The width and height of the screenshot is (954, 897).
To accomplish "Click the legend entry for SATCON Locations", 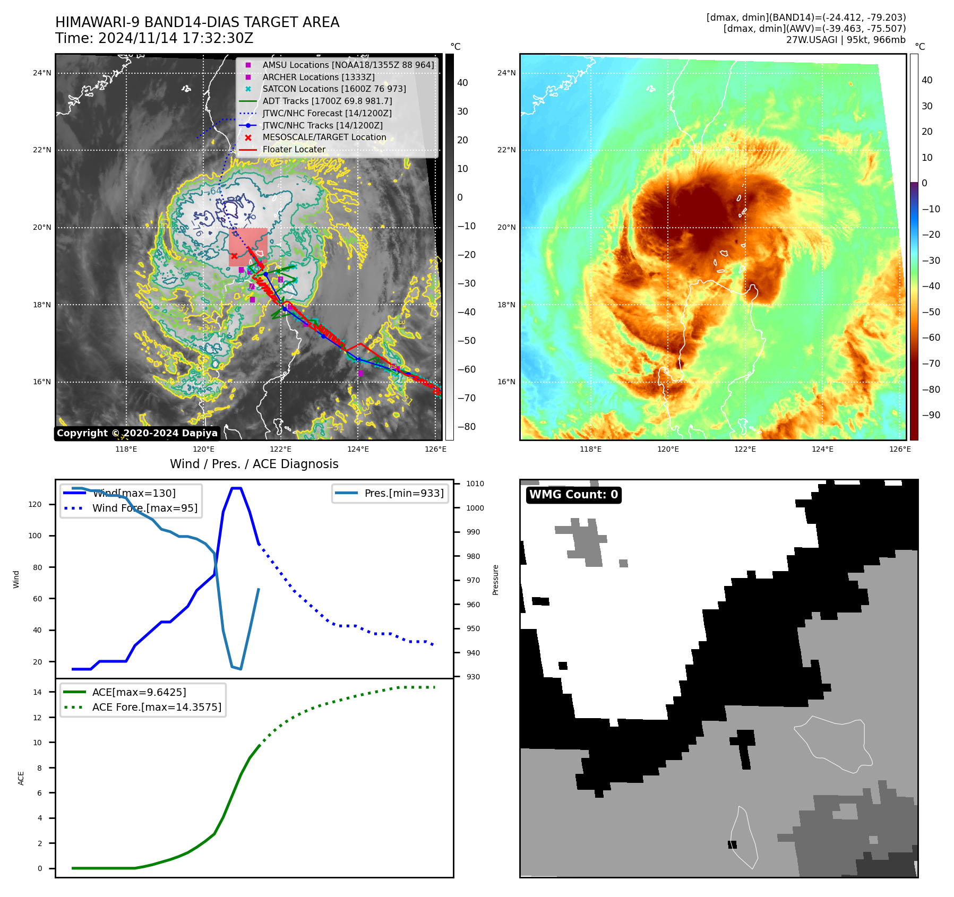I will tap(334, 89).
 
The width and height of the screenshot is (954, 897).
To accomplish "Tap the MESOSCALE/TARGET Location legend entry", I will tap(324, 137).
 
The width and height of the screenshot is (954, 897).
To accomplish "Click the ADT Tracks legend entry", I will tap(327, 101).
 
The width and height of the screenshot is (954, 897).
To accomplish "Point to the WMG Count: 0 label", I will tap(573, 495).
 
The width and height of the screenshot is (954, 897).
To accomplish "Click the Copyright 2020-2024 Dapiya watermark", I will tap(137, 433).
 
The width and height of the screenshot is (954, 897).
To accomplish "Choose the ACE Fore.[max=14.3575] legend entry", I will tap(157, 707).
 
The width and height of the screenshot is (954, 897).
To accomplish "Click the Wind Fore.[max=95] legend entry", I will tap(144, 508).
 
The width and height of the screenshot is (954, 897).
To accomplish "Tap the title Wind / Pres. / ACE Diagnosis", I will tap(254, 464).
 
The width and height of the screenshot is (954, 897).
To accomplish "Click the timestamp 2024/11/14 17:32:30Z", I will tap(176, 39).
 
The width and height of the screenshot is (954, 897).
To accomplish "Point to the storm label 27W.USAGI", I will tap(812, 40).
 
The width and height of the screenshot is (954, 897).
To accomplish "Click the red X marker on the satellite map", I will tap(234, 256).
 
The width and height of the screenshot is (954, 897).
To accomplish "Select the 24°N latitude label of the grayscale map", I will tap(42, 73).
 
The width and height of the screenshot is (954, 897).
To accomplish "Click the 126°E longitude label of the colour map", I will tap(900, 450).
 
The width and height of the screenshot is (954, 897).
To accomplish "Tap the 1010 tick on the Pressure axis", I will tap(475, 484).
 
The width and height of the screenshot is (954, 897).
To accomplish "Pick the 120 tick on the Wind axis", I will tap(35, 504).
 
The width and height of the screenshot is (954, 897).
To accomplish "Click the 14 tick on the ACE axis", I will tap(38, 692).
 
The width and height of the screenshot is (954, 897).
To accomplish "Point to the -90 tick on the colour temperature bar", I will tap(931, 415).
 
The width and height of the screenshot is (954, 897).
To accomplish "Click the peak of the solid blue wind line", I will tap(236, 488).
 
